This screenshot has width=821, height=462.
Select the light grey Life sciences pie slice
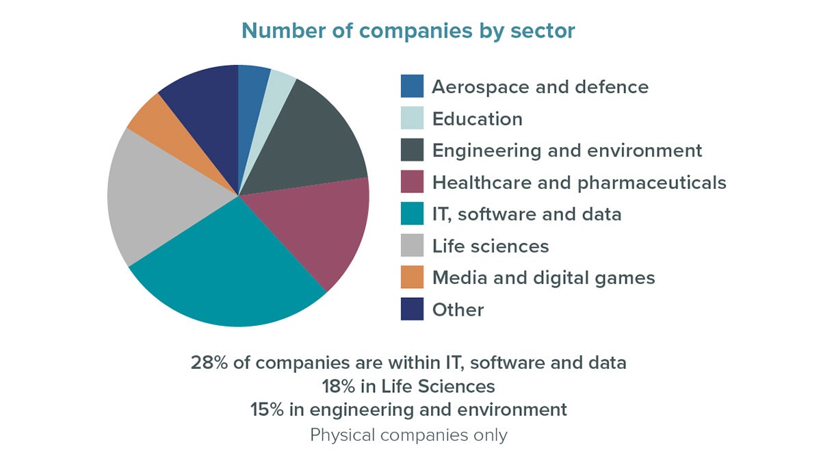click(164, 198)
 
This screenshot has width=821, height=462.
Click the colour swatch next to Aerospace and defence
click(412, 87)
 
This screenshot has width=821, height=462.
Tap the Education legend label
click(477, 119)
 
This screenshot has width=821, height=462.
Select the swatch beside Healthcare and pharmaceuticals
click(412, 182)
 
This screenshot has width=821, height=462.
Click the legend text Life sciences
click(490, 246)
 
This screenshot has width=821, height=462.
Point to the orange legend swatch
click(412, 277)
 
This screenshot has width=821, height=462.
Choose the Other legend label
click(458, 309)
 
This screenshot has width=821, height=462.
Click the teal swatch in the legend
click(412, 214)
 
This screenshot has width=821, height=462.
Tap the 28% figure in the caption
click(208, 363)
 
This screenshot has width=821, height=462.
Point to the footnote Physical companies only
click(408, 435)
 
